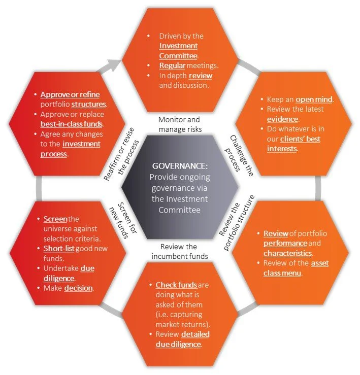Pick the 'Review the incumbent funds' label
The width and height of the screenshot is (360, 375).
click(180, 251)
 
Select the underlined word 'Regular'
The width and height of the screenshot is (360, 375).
click(172, 66)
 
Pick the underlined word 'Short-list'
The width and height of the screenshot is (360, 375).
click(61, 248)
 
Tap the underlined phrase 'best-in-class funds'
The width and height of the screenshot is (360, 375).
click(71, 123)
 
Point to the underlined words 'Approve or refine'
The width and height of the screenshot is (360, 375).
click(70, 94)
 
